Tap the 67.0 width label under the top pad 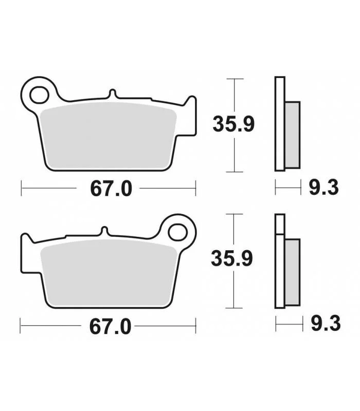coord(111,189)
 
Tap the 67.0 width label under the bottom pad coord(110,327)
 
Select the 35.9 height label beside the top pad coord(233,124)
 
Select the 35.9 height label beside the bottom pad coord(232,258)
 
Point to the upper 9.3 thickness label coord(324,188)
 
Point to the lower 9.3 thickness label coord(326,323)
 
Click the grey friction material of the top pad coord(108,136)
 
